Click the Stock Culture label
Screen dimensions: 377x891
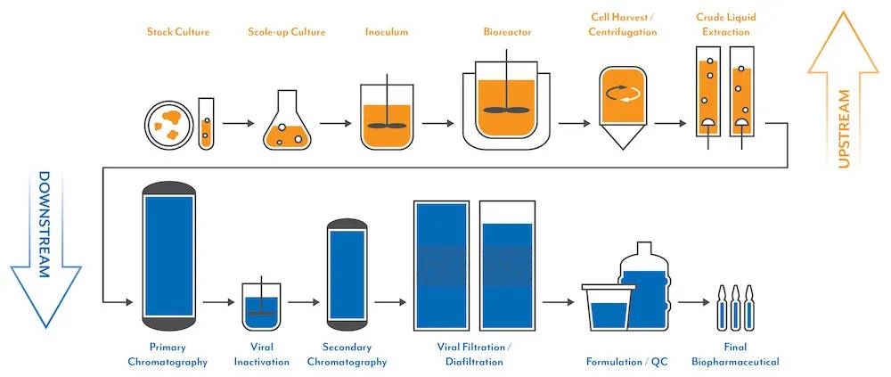coord(179,33)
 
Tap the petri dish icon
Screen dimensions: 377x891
coord(169,125)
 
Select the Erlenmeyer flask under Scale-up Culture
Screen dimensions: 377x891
coord(286,122)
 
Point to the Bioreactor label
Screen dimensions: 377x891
coord(507,33)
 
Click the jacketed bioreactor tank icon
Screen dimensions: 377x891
coord(508,109)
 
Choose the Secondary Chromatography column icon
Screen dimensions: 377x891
coord(347,271)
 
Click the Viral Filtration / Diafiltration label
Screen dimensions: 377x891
coord(474,354)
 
